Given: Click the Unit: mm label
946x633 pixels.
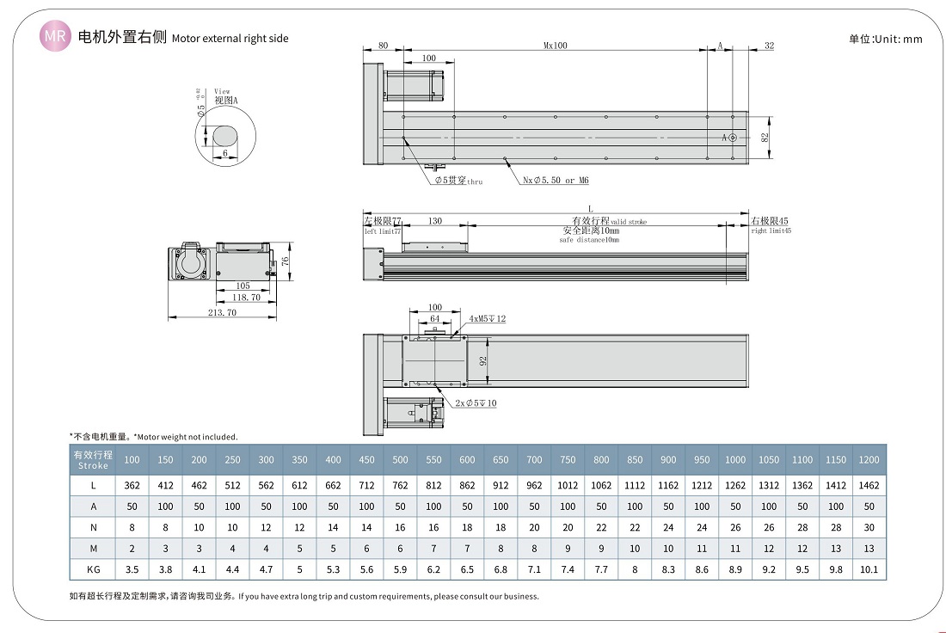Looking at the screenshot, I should pos(885,39).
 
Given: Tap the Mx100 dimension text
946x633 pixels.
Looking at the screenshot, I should pos(555,46).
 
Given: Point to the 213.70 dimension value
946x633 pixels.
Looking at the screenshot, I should pos(222,313).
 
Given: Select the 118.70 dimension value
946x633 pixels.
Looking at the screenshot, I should pos(245,298).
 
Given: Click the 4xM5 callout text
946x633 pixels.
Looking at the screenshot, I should pos(488,319).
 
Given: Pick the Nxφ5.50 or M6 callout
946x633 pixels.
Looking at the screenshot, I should pos(556,181).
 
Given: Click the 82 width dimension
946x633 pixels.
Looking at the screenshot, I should pos(765,138).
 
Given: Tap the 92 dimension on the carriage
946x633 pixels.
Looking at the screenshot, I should pos(483,361).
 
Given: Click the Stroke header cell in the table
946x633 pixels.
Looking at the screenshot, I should pos(92,459).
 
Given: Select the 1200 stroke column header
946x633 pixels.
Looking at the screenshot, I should pos(869,459).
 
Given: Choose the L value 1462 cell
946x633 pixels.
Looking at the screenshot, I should pos(869,485).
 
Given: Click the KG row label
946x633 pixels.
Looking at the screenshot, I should pos(93,568).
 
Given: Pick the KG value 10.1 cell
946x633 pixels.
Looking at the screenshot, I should pos(869,568).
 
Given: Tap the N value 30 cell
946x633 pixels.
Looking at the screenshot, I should pos(869,527).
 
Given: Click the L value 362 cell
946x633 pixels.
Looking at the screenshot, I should pos(132,485).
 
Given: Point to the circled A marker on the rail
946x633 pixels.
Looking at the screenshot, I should pos(732,138).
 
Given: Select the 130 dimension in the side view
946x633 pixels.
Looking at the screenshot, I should pos(435,222).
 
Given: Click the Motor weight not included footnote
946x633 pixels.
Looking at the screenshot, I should pos(154,437).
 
